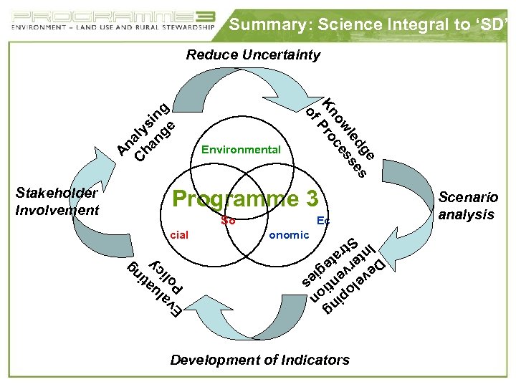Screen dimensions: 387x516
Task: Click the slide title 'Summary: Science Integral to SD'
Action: coord(368,25)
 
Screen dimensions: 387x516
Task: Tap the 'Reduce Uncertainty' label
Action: coord(253,54)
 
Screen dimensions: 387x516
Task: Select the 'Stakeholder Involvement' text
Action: coord(57,201)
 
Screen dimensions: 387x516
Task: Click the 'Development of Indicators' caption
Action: coord(259,360)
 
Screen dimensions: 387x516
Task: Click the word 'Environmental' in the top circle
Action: coord(241,150)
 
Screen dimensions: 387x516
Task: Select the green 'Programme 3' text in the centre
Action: coord(244,199)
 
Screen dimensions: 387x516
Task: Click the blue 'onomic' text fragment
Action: coord(288,234)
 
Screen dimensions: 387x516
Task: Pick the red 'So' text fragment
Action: coord(228,221)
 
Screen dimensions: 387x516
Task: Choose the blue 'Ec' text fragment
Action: coord(322,221)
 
